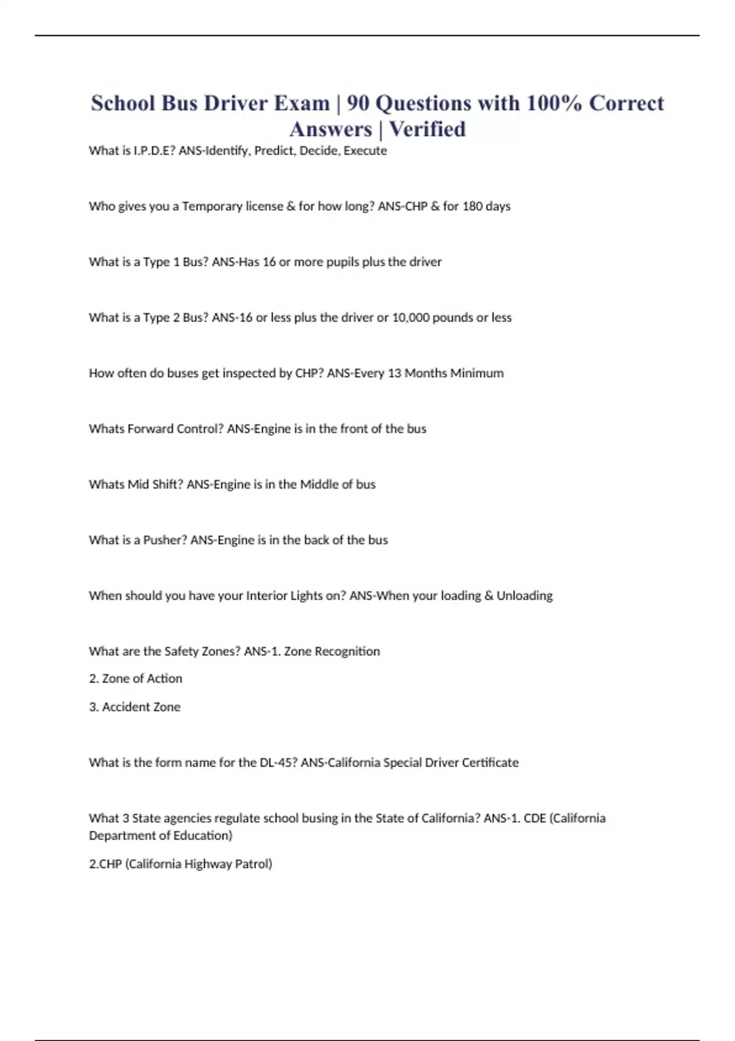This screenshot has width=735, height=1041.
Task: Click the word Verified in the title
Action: (x=428, y=129)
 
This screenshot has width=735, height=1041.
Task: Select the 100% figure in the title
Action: (x=554, y=103)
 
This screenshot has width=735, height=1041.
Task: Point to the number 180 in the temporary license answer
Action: (x=472, y=206)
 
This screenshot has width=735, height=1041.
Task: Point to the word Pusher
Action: (x=164, y=540)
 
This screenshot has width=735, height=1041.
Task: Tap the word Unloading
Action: (x=524, y=596)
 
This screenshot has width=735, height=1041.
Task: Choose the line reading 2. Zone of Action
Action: (x=135, y=678)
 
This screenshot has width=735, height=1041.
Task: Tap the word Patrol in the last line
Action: (x=253, y=864)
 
